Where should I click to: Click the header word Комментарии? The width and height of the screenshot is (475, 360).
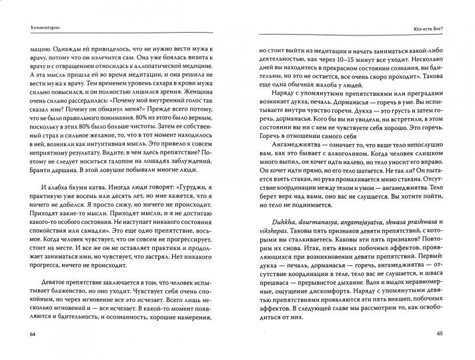tap(35, 26)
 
